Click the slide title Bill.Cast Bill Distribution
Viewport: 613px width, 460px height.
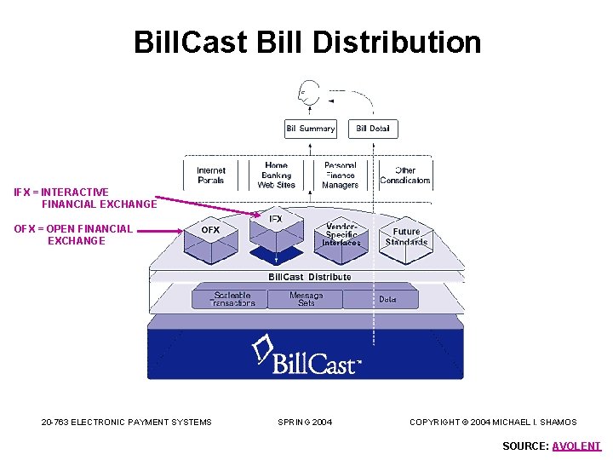pos(306,42)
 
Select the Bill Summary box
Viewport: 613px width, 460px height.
pos(310,129)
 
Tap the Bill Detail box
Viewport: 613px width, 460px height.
pos(373,129)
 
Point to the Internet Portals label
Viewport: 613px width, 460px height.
pos(211,175)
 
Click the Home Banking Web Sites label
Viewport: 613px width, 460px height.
pos(276,175)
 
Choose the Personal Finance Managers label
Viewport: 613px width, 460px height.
pos(341,175)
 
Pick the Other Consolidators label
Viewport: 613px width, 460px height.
pos(405,175)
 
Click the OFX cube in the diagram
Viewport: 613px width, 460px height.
pos(209,236)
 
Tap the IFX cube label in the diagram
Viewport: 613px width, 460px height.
pos(276,219)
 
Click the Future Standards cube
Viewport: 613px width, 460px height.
pos(406,237)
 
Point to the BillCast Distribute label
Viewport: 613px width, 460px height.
pos(310,277)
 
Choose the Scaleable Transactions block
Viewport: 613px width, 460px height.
pos(233,299)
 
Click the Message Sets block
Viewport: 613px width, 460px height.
pos(306,299)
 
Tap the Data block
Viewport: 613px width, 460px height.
pos(387,299)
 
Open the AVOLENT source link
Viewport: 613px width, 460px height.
pos(576,446)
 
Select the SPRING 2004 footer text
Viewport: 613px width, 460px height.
pos(305,422)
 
